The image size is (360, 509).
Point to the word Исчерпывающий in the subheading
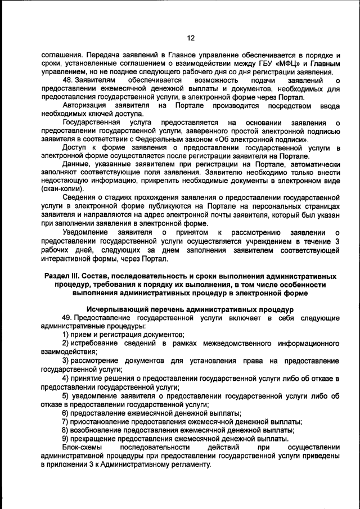118,309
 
